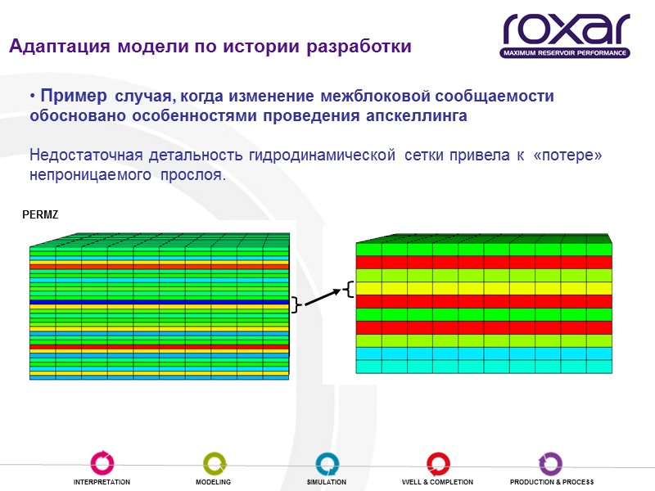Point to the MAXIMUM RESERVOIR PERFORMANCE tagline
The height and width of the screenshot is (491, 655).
point(567,53)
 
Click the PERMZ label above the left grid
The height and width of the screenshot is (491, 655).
point(34,214)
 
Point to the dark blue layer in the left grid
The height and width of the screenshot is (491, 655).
point(160,302)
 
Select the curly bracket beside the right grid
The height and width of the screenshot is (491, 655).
point(349,288)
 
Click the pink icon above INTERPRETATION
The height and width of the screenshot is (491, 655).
point(102,462)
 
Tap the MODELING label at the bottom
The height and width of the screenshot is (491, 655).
point(213,482)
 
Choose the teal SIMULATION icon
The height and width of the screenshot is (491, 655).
point(326,462)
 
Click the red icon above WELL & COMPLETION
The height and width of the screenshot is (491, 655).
point(437,462)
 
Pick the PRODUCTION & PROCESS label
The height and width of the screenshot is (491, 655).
point(551,482)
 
